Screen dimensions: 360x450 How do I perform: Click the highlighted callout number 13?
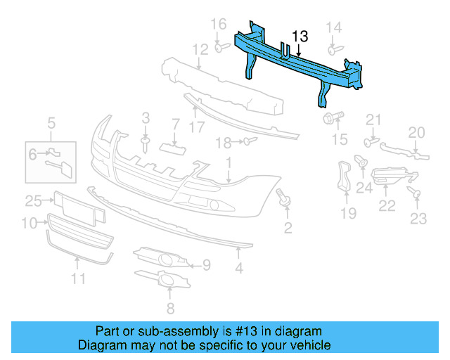(x=300, y=36)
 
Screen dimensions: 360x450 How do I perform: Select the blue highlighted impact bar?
(x=302, y=67)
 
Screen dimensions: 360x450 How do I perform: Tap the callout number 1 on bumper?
(x=229, y=164)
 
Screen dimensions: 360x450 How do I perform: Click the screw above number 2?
(x=285, y=198)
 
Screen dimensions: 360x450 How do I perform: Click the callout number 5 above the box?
(x=51, y=126)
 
